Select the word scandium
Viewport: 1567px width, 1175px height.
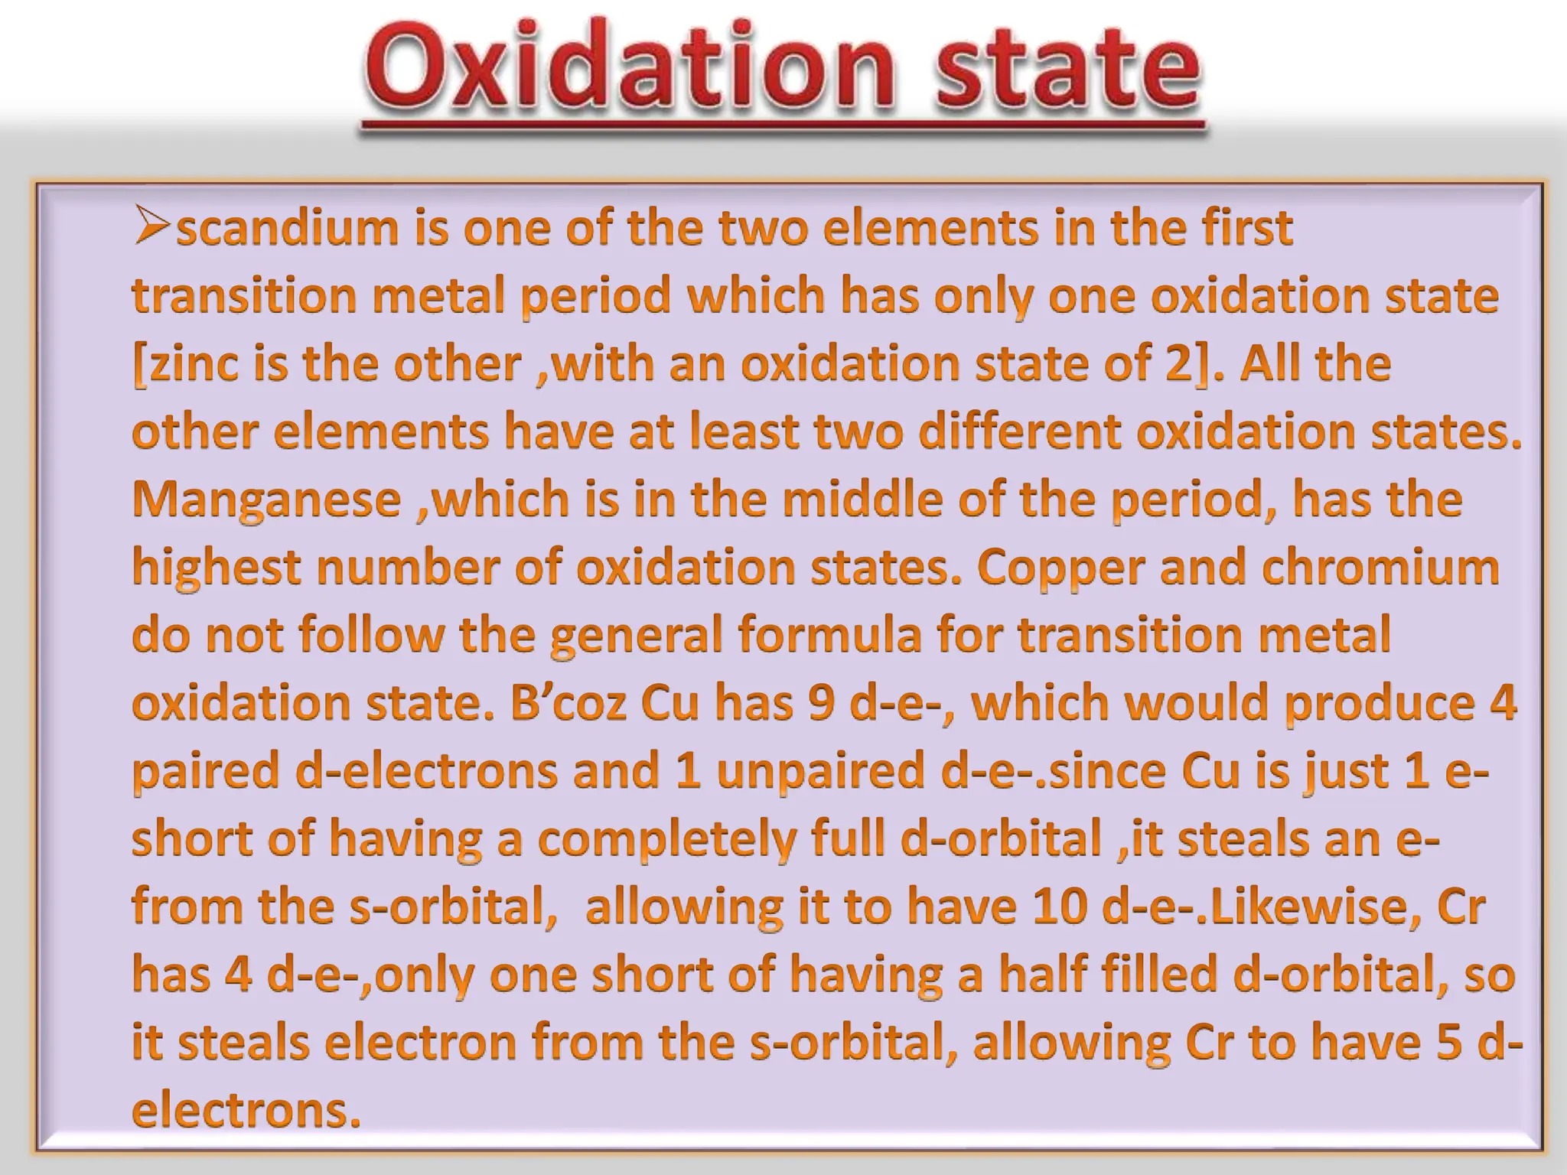[x=288, y=228]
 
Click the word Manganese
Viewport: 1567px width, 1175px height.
[x=266, y=500]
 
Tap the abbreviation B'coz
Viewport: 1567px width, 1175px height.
[x=568, y=702]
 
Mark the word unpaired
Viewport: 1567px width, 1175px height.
[x=821, y=770]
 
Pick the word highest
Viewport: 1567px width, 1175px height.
[x=217, y=568]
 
